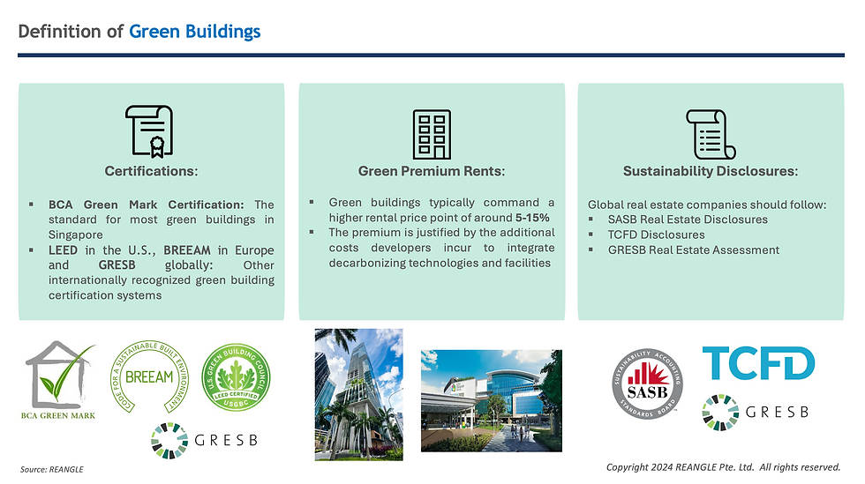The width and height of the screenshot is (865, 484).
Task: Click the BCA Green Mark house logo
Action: [60, 380]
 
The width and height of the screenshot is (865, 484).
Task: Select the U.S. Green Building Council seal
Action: [236, 377]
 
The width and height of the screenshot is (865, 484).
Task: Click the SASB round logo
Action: [647, 383]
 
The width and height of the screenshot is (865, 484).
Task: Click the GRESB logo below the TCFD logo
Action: [756, 412]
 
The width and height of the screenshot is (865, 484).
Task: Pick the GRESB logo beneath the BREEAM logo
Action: [205, 441]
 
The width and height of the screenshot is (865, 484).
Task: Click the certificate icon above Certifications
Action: [149, 131]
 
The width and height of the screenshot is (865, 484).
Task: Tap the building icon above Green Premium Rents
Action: [432, 134]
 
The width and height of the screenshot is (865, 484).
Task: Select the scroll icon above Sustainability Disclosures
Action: [711, 134]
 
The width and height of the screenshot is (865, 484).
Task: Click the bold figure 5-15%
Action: [532, 218]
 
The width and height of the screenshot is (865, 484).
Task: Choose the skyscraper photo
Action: [358, 395]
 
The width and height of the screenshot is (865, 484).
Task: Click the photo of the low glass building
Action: [492, 401]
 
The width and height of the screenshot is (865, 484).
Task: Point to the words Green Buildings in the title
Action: [195, 32]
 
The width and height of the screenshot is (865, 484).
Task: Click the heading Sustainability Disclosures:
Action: [711, 171]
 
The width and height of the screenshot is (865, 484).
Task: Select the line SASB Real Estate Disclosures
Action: [688, 220]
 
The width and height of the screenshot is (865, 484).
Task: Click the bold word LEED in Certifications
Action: [63, 250]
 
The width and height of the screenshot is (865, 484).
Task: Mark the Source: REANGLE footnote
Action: [52, 470]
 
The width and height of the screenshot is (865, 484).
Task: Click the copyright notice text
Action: [723, 467]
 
